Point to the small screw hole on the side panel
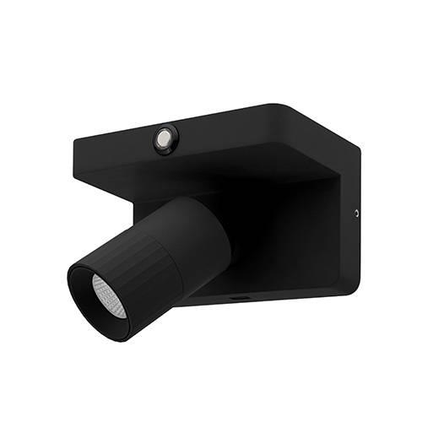click(357, 213)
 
